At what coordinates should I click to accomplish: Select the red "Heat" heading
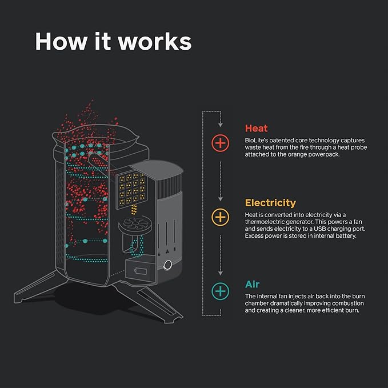(x=256, y=129)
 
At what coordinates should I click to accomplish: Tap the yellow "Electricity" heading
(x=270, y=203)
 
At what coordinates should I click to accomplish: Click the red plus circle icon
(x=220, y=142)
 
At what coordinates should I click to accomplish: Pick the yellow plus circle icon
(x=220, y=217)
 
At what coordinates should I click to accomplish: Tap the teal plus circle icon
(x=220, y=291)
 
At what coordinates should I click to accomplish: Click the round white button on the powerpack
(x=168, y=265)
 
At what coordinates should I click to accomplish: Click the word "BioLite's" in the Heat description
(x=257, y=140)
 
